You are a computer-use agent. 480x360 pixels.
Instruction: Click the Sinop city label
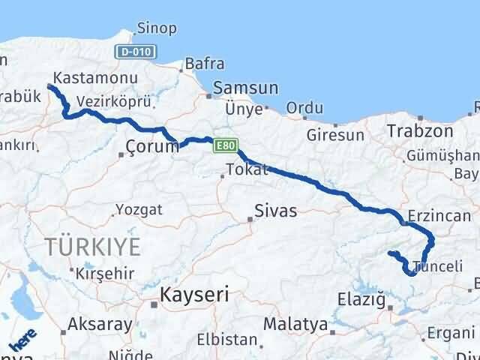tap(157, 29)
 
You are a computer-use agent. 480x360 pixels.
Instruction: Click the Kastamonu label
tap(95, 78)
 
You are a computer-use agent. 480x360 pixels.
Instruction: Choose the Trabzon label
tap(420, 131)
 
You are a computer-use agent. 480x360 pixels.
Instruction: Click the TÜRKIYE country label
tap(92, 246)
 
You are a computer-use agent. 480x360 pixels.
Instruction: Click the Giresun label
tap(335, 136)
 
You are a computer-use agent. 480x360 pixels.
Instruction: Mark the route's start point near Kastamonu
tap(50, 87)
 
